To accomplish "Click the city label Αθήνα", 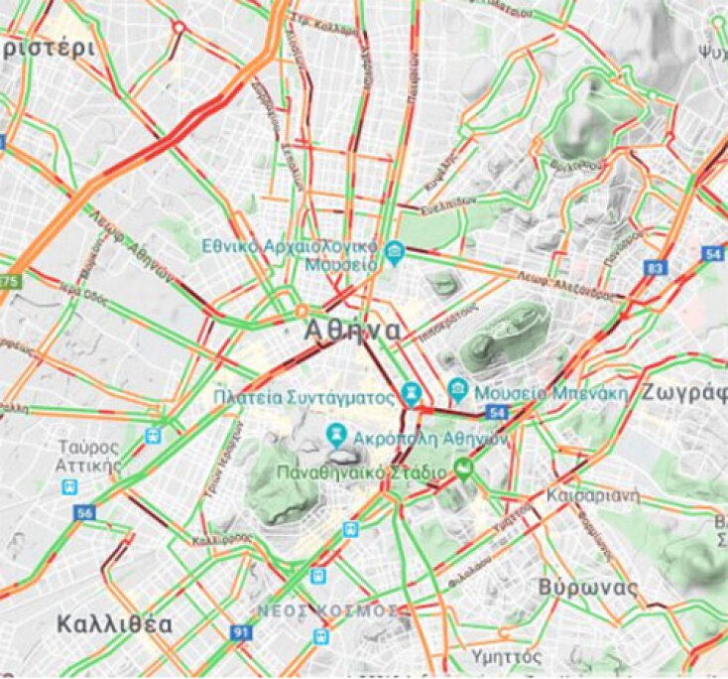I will point(353,330).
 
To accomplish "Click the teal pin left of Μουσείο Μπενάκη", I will point(457,388).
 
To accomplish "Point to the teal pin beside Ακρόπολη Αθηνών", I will point(337,435).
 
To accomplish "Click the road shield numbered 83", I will point(655,268).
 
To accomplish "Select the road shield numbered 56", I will point(84,512).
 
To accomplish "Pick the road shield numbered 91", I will point(241,631).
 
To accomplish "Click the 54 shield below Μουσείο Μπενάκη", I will point(497,412).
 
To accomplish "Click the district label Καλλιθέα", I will point(114,624).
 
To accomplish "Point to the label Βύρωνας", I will point(588,587).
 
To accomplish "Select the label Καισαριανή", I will point(593,494).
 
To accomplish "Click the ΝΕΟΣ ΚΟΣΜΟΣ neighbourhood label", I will point(329,609).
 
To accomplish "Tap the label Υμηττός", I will point(506,656).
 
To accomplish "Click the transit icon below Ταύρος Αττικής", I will point(68,486).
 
